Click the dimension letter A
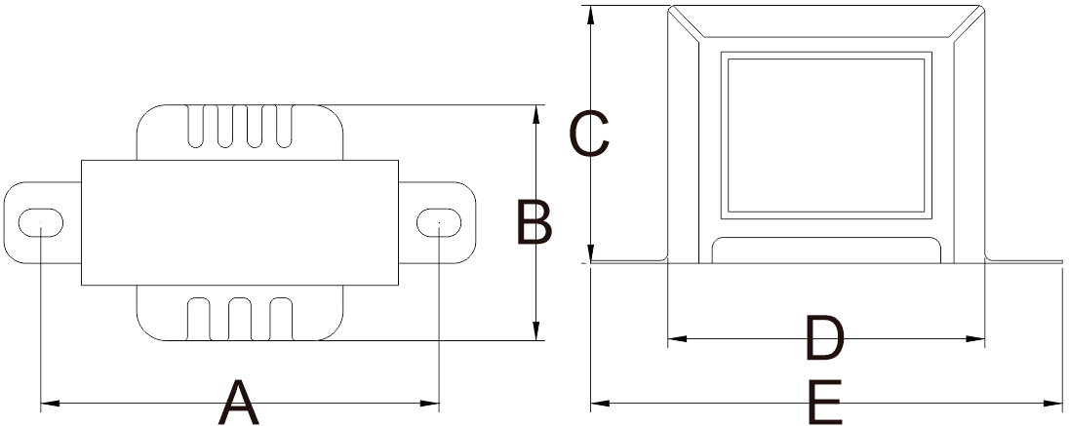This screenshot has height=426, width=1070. click(238, 403)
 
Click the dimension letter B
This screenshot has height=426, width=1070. click(534, 222)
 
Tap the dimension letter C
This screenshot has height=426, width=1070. click(588, 135)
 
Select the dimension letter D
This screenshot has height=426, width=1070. click(825, 338)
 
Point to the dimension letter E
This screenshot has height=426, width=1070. click(825, 403)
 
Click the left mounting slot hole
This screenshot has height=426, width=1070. click(41, 223)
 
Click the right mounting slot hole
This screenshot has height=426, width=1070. click(439, 223)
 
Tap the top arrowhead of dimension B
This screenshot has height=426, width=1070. click(535, 113)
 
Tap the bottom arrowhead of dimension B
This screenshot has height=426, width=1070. click(535, 331)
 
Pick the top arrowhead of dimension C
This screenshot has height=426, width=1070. click(591, 15)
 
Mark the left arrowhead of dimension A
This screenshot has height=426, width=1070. click(50, 404)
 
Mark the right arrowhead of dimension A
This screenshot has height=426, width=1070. click(430, 404)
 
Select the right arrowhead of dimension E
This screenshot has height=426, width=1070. click(1053, 404)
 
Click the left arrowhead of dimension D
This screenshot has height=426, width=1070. click(677, 338)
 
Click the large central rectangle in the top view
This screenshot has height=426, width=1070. click(240, 223)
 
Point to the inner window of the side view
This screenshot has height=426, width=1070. click(826, 135)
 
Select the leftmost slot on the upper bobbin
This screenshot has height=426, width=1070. click(195, 126)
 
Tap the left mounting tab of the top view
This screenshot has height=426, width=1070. click(42, 223)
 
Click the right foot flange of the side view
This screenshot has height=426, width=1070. click(1023, 260)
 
